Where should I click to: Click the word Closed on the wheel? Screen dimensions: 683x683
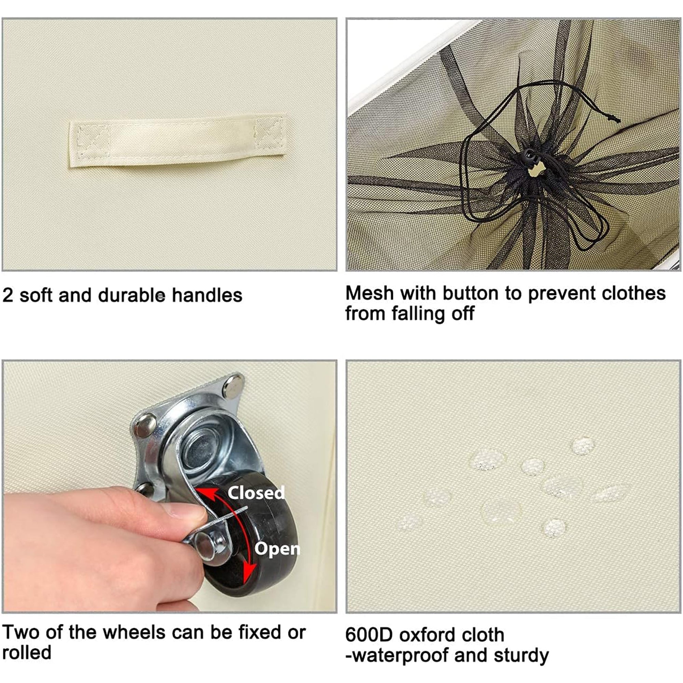(x=256, y=493)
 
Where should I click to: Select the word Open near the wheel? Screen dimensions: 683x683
(x=277, y=549)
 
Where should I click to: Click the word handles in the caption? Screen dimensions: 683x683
(x=207, y=295)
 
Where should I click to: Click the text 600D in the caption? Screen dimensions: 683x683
(x=369, y=635)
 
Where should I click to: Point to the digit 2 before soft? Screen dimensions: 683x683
(x=8, y=295)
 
